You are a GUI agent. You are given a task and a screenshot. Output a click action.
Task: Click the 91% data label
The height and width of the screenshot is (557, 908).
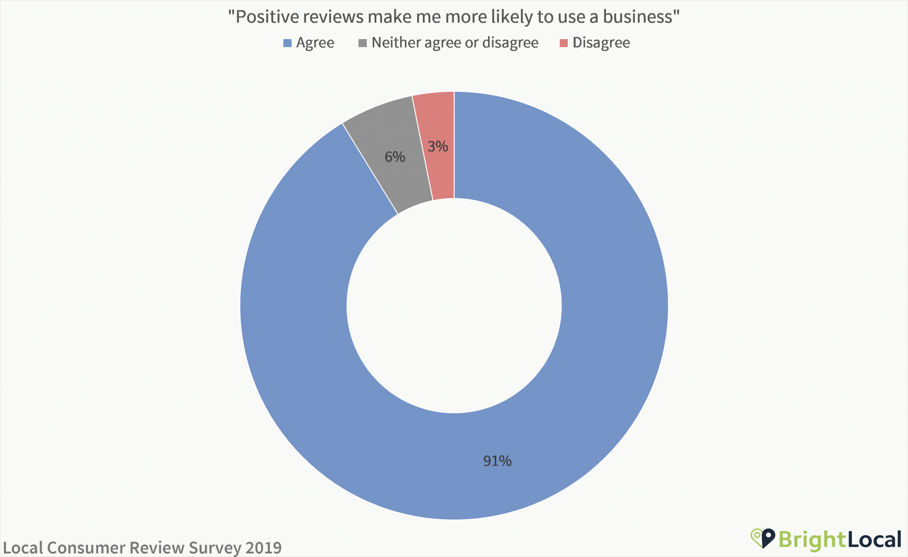click(x=497, y=461)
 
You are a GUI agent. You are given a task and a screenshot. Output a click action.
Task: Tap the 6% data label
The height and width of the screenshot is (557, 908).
click(x=395, y=157)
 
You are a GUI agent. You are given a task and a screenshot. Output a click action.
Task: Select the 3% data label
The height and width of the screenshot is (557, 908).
click(x=438, y=147)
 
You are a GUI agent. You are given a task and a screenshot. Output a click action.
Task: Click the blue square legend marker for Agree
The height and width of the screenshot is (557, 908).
click(x=287, y=43)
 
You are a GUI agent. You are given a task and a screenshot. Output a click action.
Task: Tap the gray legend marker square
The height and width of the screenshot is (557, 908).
click(x=362, y=43)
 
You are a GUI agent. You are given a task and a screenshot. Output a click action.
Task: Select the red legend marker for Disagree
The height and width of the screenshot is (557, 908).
click(x=564, y=43)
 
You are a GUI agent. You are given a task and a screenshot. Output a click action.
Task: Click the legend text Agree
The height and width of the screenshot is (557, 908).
click(x=315, y=43)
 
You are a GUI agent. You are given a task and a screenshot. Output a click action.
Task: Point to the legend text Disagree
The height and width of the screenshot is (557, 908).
click(x=601, y=43)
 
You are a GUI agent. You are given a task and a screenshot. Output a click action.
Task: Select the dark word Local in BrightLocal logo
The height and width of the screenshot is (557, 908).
click(x=875, y=540)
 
